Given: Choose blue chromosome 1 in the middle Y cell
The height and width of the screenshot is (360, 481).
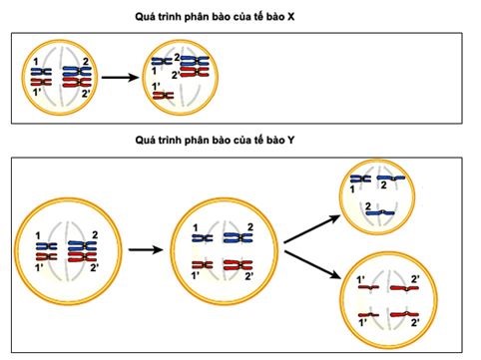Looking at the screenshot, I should (202, 237).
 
